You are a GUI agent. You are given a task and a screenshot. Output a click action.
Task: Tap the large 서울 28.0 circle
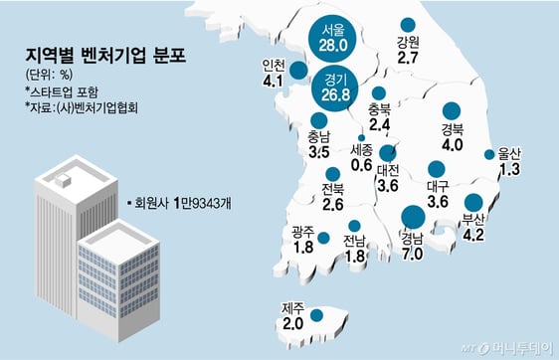pyautogui.click(x=332, y=37)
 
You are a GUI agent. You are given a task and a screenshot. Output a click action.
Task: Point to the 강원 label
pyautogui.click(x=407, y=43)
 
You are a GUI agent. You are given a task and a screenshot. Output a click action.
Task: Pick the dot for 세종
pyautogui.click(x=361, y=137)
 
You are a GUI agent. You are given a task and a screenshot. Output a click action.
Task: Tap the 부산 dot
pyautogui.click(x=473, y=201)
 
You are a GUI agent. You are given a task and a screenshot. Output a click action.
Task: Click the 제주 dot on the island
pyautogui.click(x=316, y=315)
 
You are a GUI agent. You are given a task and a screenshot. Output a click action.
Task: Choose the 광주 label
pyautogui.click(x=304, y=232)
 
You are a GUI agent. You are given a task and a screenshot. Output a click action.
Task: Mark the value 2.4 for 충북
pyautogui.click(x=379, y=125)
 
